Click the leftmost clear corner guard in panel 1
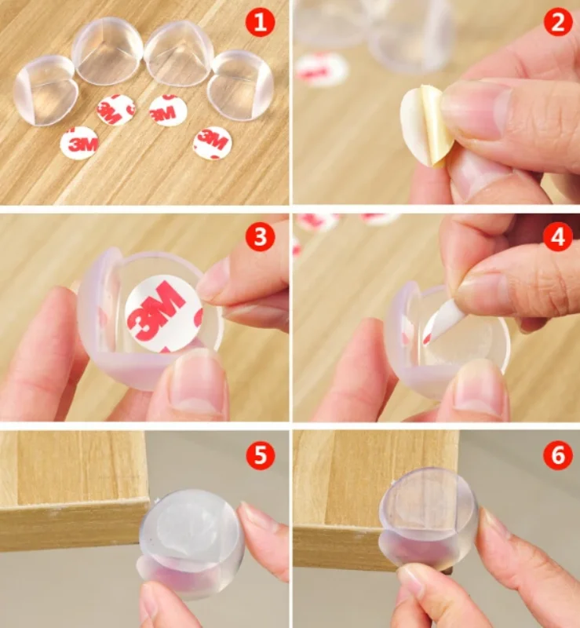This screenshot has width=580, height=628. point(44,91)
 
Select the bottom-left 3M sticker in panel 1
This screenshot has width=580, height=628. point(79,143)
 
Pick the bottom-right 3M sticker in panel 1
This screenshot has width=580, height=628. point(213,142)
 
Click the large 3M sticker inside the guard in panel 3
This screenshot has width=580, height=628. point(163,313)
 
